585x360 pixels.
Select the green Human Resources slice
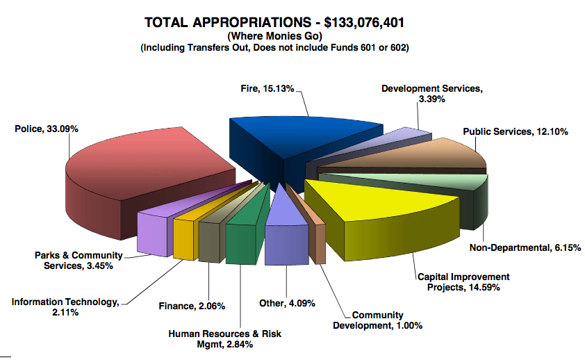242,231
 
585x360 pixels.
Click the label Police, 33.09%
47,129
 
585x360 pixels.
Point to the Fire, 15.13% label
267,89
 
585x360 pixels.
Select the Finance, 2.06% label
192,306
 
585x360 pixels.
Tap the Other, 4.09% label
287,303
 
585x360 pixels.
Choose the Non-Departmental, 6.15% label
525,247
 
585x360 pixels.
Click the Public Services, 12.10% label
516,131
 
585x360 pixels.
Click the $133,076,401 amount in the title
364,23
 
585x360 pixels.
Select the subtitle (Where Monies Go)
274,36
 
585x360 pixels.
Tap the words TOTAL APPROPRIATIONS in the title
228,22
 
